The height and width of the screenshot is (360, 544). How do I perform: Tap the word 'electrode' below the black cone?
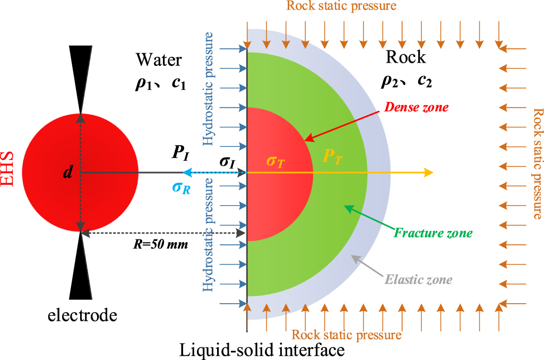coord(82,316)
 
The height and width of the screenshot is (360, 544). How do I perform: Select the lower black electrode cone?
coord(81,268)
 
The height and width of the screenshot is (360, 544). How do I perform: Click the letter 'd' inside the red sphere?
coord(67,173)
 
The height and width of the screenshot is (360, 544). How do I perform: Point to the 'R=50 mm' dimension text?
coord(160,245)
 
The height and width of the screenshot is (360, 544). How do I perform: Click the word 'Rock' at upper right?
coord(405,56)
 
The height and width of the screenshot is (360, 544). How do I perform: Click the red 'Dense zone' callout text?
coord(418,107)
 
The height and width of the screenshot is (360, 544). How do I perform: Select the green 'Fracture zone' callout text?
coord(433,233)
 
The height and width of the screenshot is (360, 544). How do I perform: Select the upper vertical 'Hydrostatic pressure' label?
coord(209,89)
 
